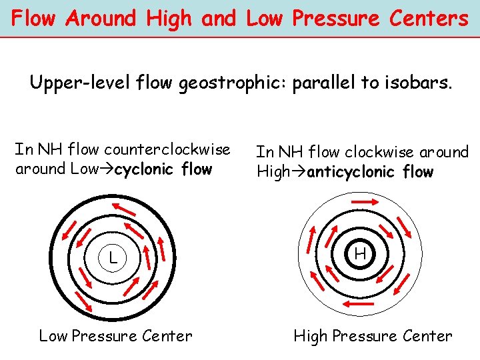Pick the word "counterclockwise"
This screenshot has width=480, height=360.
[x=171, y=149]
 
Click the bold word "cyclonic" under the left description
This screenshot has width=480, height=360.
[x=143, y=169]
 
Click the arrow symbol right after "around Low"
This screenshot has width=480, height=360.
[x=107, y=169]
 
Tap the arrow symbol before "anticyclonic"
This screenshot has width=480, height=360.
[x=298, y=172]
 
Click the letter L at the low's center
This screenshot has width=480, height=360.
[x=113, y=257]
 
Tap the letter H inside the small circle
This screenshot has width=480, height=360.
[x=360, y=254]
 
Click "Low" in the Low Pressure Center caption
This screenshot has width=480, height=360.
[x=54, y=337]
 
